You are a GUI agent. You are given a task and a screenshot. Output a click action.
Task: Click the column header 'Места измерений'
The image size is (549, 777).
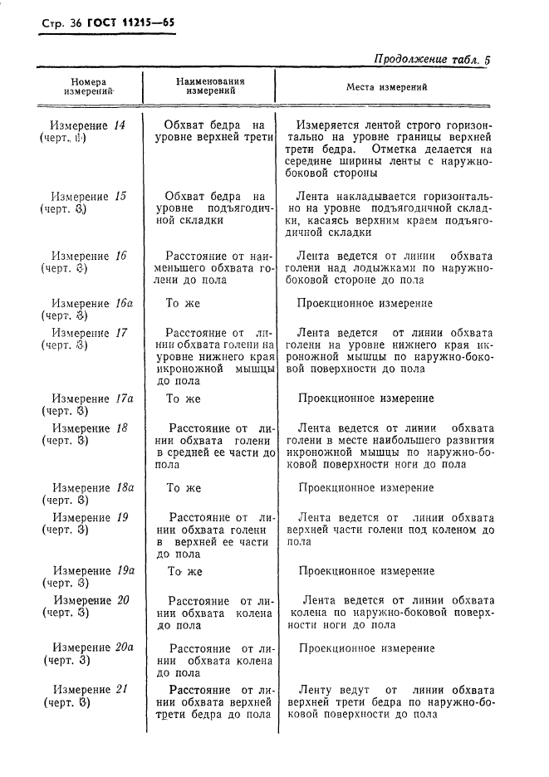point(386,86)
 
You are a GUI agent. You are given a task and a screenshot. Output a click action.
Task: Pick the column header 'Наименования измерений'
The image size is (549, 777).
point(210,86)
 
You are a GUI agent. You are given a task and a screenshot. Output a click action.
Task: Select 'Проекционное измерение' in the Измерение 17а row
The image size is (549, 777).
point(365,398)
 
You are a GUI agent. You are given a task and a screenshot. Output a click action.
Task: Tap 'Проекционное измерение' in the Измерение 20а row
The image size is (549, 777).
point(365,647)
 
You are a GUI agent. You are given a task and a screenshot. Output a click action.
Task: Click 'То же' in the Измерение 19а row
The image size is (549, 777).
point(185,571)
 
